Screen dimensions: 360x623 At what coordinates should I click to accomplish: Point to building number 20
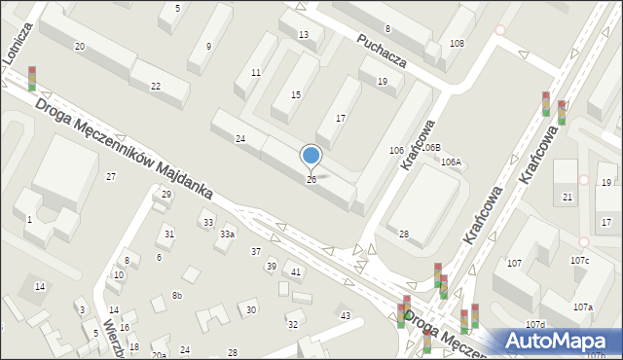[x=79, y=47]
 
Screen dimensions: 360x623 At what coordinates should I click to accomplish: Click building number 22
[x=156, y=87]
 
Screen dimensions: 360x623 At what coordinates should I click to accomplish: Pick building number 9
[x=208, y=47]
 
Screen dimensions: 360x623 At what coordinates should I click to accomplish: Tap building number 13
[x=304, y=35]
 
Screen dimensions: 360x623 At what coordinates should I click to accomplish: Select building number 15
[x=296, y=94]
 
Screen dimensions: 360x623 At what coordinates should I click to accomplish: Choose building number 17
[x=340, y=118]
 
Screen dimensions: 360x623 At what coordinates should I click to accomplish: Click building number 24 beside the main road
[x=240, y=139]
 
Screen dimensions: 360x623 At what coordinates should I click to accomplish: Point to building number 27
[x=111, y=176]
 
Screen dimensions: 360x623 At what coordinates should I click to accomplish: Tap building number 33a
[x=227, y=234]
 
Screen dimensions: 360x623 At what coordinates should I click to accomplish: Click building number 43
[x=345, y=315]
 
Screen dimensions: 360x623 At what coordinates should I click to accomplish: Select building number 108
[x=457, y=44]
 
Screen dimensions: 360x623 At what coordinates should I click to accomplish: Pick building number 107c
[x=579, y=261]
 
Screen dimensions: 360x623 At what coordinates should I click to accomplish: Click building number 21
[x=568, y=198]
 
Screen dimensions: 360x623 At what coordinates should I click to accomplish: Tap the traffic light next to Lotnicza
[x=32, y=78]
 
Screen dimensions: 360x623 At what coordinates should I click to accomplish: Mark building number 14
[x=39, y=286]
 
